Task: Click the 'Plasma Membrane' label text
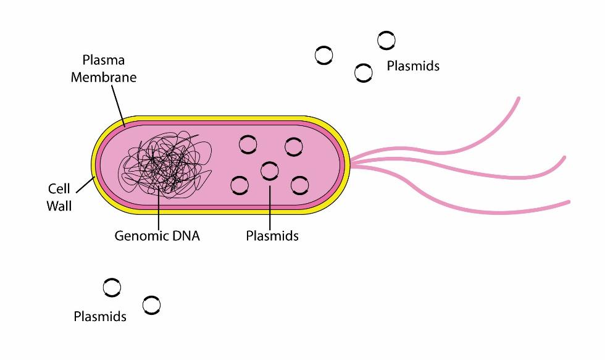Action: coord(103,69)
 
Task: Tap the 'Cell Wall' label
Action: coord(59,197)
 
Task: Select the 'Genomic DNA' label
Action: coord(157,236)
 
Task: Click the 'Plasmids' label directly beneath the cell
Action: coord(272,236)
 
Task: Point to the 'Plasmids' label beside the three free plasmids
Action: coord(413,66)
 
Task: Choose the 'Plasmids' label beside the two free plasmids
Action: coord(99,317)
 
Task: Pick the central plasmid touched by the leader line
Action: coord(270,170)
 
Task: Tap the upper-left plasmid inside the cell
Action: coord(248,145)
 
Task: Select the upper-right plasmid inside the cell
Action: coord(293,147)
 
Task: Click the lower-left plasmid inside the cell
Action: coord(240,185)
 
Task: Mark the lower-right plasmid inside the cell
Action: coord(299,185)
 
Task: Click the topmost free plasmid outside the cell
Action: coord(386,41)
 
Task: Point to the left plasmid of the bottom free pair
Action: coord(112,287)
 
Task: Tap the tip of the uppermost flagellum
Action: coord(519,98)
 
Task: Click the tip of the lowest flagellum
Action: coord(568,201)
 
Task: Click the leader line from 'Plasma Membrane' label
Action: coord(117,105)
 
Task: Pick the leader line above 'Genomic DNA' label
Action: coord(159,210)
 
